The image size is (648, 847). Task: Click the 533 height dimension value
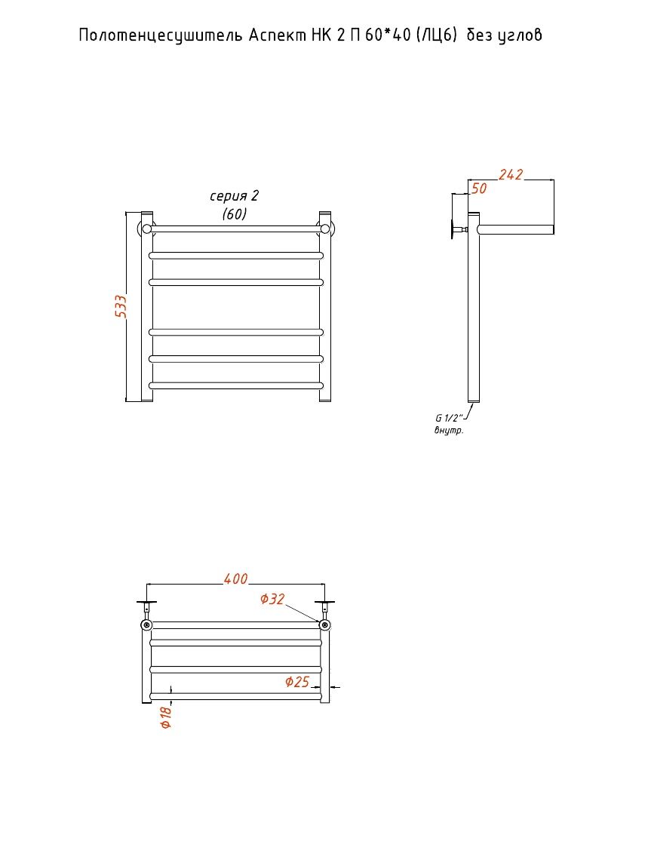click(121, 305)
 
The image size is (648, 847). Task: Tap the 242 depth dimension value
click(511, 174)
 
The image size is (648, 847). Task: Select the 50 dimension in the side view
click(479, 188)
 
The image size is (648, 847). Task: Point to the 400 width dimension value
click(235, 578)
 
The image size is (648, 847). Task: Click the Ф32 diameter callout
click(272, 599)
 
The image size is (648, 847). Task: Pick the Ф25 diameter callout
click(297, 682)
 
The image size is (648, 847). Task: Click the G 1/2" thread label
click(449, 418)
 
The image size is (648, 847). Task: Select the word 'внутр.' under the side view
click(449, 431)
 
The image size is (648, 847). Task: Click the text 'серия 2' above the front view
click(234, 195)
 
